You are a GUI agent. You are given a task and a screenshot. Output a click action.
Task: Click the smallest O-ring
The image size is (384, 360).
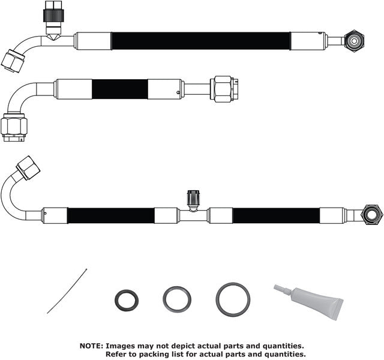pos(127,301)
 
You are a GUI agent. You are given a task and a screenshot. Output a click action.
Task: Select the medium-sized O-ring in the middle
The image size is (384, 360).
pos(177,299)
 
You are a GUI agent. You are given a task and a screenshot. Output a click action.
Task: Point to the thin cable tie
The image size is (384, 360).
pos(67,291)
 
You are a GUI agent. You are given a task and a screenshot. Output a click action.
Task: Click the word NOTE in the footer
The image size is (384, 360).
pos(91,346)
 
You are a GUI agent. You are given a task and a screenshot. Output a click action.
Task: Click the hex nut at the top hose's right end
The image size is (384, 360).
pos(355,41)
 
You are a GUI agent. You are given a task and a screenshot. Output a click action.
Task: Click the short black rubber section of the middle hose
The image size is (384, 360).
pos(120,89)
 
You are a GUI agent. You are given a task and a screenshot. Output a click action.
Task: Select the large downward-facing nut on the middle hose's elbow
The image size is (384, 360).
pos(14,126)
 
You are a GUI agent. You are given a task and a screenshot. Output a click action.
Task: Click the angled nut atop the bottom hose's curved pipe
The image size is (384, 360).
pos(28,167)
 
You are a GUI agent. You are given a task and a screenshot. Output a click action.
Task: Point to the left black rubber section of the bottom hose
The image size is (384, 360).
pos(110,215)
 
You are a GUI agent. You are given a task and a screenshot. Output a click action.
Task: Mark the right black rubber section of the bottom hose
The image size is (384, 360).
pos(275,215)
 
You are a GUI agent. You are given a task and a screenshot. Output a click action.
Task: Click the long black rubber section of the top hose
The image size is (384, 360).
pos(200,41)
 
